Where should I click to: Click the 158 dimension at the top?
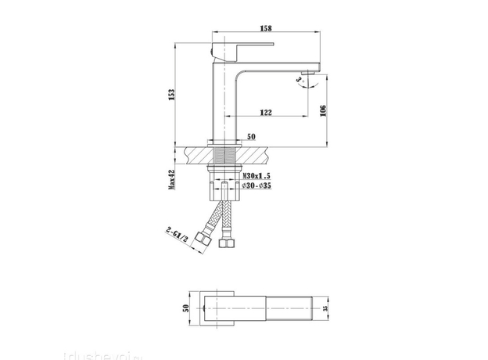267,28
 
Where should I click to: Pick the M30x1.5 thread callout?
256,178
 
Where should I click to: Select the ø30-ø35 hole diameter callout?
256,188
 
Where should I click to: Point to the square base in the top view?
213,308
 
